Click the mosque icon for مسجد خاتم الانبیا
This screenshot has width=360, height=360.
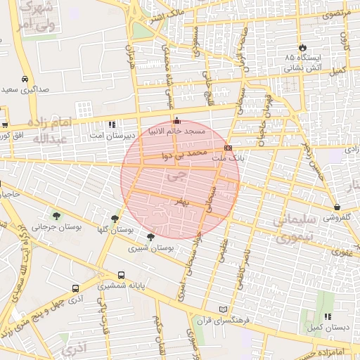point(176,120)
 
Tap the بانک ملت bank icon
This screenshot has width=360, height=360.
point(228,148)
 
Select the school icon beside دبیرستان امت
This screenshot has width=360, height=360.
point(112,124)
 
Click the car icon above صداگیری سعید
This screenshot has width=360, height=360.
point(25,79)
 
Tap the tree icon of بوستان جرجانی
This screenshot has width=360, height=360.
point(56,216)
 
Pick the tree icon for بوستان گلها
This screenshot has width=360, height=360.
point(115,219)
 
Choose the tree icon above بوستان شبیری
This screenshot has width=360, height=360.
point(150,236)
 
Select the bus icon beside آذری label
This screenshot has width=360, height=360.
point(75,288)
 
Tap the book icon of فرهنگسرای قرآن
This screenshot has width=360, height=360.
point(224,309)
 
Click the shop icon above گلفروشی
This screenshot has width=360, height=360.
point(337,207)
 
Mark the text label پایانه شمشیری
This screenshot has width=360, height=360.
point(101,286)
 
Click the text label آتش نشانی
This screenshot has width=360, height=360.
point(303,68)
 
